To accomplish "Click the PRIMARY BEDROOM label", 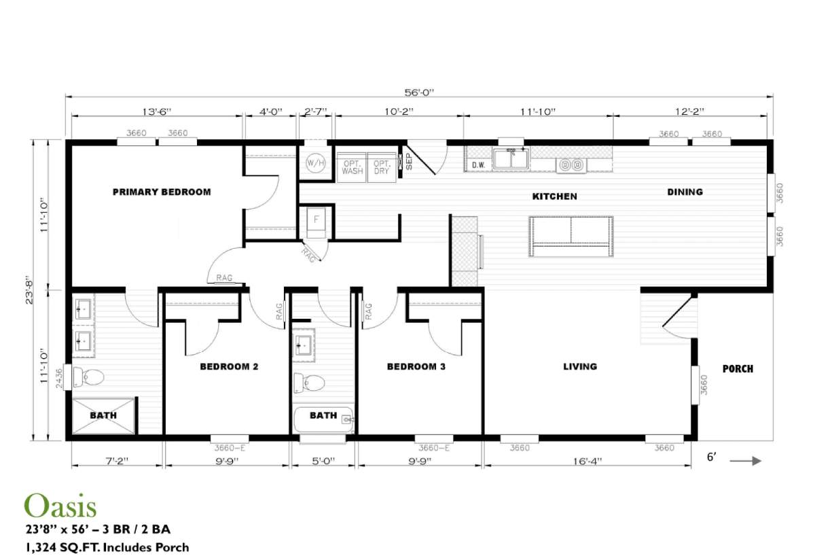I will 162,192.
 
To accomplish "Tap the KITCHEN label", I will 554,196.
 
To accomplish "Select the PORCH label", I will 738,369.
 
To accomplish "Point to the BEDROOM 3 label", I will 416,367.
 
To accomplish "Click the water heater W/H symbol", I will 314,164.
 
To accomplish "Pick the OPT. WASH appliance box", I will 352,167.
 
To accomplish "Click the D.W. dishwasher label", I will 477,164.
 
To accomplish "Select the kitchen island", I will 571,236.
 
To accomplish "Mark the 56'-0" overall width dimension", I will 418,92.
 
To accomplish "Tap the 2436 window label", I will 59,377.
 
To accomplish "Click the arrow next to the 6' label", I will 746,460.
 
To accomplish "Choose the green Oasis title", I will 60,506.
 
